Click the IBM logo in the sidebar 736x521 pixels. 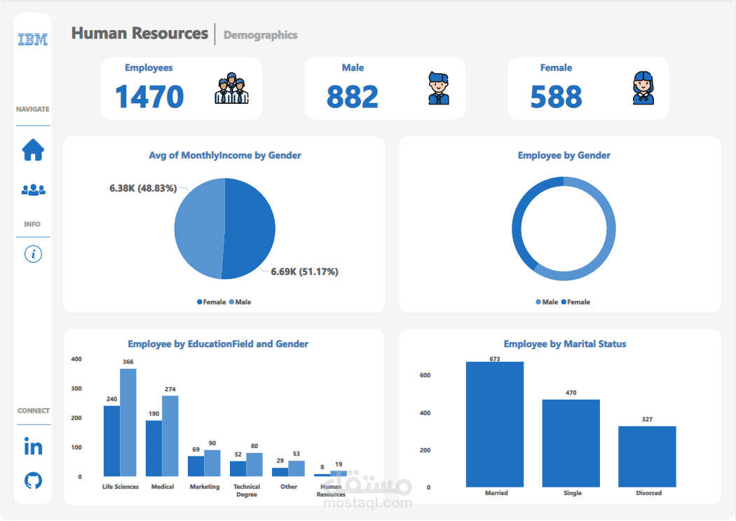point(33,40)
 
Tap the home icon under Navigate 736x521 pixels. point(33,150)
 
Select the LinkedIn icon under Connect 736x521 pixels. point(33,447)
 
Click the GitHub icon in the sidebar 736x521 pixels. point(33,480)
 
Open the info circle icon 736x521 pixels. point(33,254)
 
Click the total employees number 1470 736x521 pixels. point(149,97)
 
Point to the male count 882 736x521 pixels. point(352,97)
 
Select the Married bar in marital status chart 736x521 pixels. point(495,424)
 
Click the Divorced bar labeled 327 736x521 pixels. point(647,456)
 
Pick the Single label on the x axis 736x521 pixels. point(572,493)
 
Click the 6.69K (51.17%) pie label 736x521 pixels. point(304,271)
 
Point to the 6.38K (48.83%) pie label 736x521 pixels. point(143,189)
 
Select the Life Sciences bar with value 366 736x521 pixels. point(128,422)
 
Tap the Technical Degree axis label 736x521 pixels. point(247,490)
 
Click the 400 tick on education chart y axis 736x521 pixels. point(76,359)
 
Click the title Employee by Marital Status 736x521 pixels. point(564,344)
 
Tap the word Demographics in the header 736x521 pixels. point(260,35)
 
